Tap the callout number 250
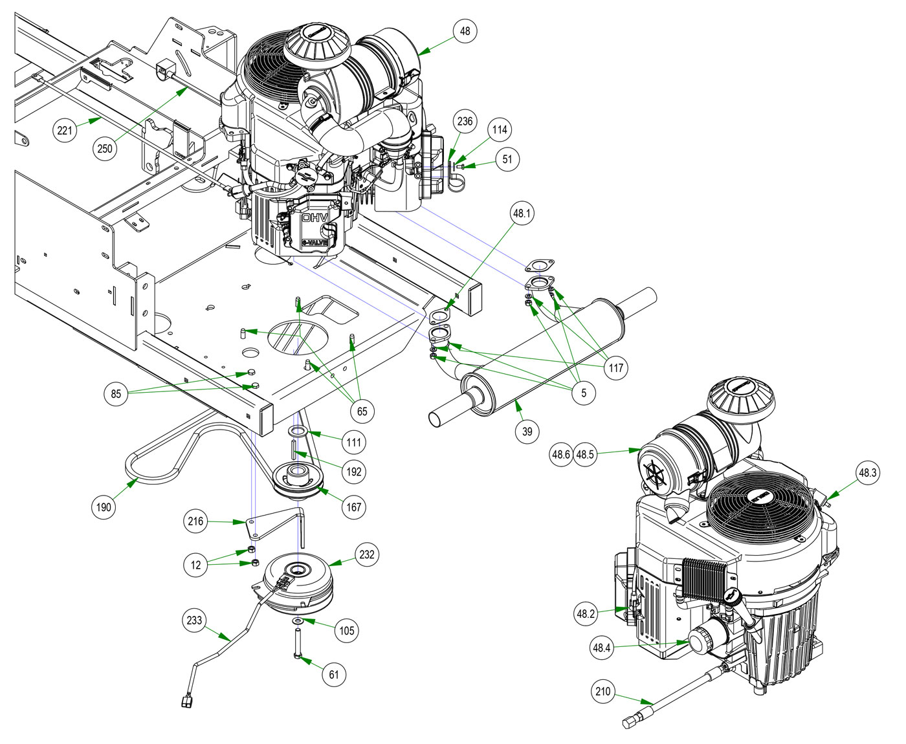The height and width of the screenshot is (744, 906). (x=104, y=148)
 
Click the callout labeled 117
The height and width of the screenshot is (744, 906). (x=615, y=367)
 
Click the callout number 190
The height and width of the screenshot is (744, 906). (x=104, y=507)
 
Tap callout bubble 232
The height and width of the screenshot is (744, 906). (x=366, y=554)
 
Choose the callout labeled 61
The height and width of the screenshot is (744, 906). (x=334, y=675)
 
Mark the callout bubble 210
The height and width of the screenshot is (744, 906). (x=602, y=692)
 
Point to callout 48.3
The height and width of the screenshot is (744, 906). (x=867, y=473)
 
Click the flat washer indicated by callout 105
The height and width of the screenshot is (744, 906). (x=298, y=621)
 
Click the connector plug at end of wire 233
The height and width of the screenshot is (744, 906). (x=186, y=699)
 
